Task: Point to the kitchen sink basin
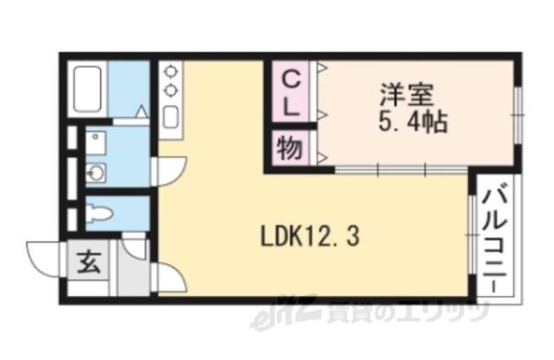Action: click(171, 117)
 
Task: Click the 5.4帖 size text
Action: click(411, 122)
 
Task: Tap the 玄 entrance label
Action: click(89, 260)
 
